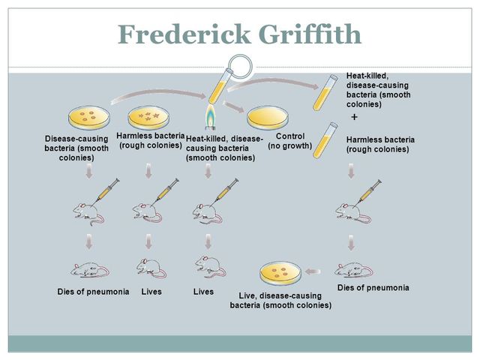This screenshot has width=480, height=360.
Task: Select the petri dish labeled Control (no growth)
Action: [268, 118]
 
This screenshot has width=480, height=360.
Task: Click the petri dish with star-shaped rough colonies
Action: [151, 117]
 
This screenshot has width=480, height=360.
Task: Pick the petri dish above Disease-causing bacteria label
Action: [88, 117]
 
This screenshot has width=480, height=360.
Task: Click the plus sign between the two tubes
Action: [354, 118]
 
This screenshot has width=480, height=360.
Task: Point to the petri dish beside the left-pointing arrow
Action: [281, 274]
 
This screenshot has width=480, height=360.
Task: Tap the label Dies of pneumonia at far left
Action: [93, 291]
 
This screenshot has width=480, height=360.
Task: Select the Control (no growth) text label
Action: [289, 140]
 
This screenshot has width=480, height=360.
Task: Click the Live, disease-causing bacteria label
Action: [280, 300]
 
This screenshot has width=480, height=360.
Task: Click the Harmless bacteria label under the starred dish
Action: [151, 139]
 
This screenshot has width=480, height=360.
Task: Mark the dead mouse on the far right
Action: [352, 268]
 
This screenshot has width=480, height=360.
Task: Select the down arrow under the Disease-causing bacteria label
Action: [90, 172]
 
